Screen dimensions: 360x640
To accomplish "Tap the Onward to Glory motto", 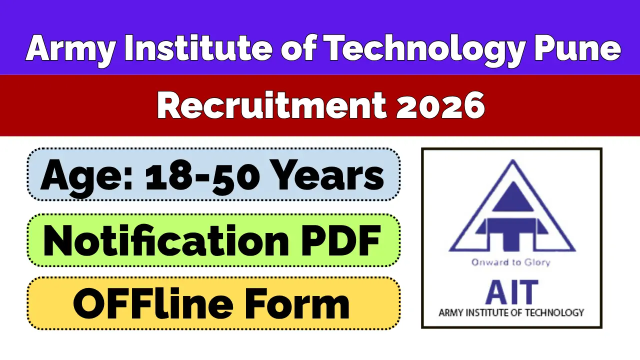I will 510,262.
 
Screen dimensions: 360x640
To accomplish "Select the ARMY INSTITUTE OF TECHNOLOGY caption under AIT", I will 511,313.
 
